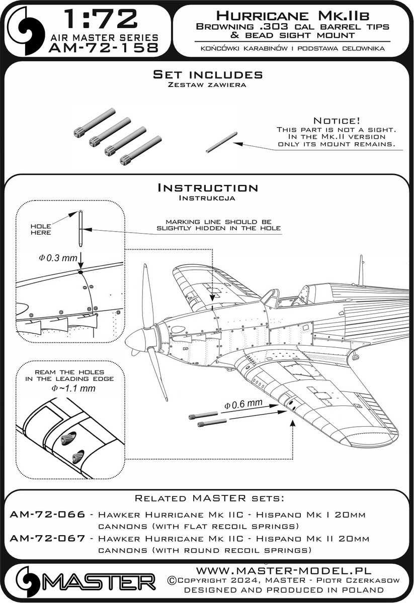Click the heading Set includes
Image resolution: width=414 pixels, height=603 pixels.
(207, 75)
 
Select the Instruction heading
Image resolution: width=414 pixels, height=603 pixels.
(207, 188)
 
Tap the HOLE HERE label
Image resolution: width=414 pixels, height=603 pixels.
(41, 229)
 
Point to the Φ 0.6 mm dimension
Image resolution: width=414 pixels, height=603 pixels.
(243, 404)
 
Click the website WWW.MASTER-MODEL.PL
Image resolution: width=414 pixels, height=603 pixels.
(283, 571)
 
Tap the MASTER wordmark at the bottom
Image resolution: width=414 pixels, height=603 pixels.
(101, 583)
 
